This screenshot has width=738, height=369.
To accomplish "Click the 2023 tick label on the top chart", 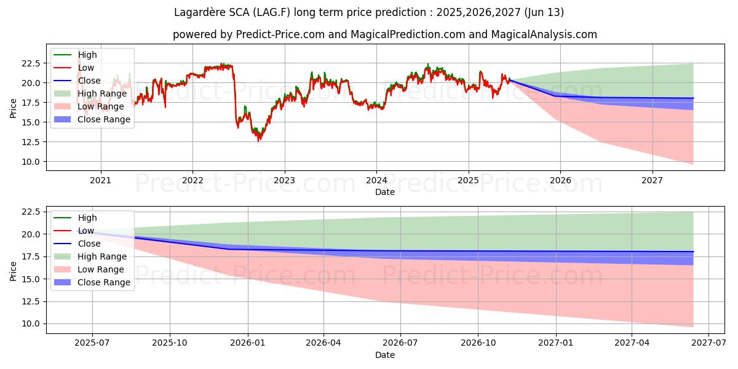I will click(284, 181).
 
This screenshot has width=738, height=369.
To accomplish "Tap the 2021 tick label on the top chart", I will click(100, 181).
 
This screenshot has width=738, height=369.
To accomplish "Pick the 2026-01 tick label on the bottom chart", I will click(248, 343).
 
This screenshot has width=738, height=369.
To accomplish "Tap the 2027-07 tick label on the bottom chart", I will click(708, 343).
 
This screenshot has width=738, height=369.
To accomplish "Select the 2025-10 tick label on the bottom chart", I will click(170, 343).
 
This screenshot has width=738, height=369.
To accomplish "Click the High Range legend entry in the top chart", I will click(101, 93).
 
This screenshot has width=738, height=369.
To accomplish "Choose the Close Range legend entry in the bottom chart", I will click(103, 282).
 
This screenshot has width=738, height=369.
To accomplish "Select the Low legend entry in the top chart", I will click(86, 68).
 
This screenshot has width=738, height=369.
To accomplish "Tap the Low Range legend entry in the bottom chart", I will click(100, 269).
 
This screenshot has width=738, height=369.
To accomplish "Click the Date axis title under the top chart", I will click(385, 192).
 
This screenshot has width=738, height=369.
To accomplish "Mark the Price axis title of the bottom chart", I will click(14, 271).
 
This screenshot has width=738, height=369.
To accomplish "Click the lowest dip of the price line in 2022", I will click(259, 141).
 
